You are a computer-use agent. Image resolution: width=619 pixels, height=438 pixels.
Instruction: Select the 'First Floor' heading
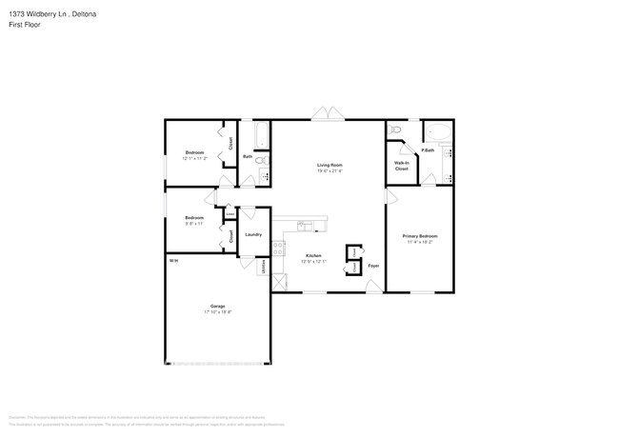pyautogui.click(x=21, y=25)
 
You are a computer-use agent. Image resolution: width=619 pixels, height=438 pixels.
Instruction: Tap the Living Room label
pyautogui.click(x=329, y=166)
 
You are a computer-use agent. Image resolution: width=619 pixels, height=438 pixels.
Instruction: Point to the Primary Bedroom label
pyautogui.click(x=420, y=236)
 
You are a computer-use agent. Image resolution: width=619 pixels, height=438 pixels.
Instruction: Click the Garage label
pyautogui.click(x=218, y=306)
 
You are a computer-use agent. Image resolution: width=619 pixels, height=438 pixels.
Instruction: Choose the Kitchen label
pyautogui.click(x=312, y=255)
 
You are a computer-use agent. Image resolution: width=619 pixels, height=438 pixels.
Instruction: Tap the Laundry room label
pyautogui.click(x=253, y=234)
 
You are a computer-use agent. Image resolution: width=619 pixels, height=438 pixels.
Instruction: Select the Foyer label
pyautogui.click(x=373, y=266)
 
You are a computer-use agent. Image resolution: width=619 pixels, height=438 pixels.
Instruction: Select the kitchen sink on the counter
pyautogui.click(x=304, y=227)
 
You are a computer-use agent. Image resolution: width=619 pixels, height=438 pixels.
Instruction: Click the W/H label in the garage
pyautogui.click(x=173, y=260)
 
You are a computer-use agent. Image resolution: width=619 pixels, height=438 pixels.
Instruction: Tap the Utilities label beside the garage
pyautogui.click(x=264, y=269)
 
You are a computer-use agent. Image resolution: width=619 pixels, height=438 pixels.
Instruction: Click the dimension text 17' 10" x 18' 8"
pyautogui.click(x=218, y=312)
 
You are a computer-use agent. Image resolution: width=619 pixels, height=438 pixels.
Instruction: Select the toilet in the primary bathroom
pyautogui.click(x=397, y=129)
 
